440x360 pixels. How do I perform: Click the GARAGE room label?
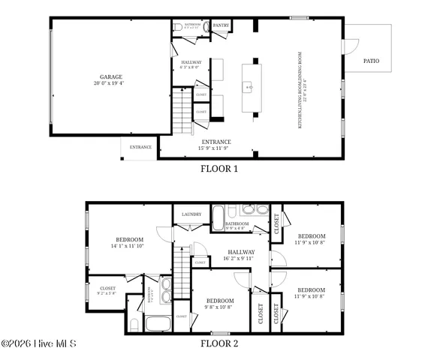[111, 76]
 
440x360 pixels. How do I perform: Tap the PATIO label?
[371, 61]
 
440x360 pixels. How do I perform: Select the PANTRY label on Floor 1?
[221, 25]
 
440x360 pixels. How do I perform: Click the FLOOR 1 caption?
[219, 169]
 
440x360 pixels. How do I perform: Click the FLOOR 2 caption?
[219, 343]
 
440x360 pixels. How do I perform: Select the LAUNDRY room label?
[191, 214]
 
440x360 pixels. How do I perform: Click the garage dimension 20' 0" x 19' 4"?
[111, 84]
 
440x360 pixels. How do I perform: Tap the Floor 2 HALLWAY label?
[239, 252]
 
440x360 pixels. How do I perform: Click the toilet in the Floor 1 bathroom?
[178, 27]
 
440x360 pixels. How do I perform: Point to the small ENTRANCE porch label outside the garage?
[140, 147]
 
